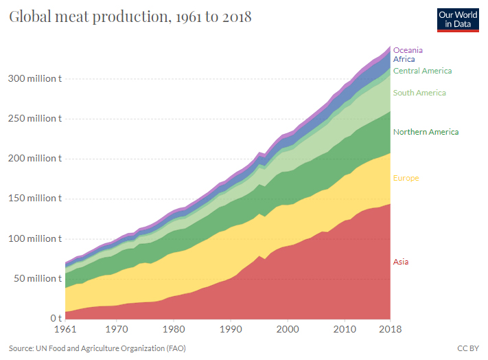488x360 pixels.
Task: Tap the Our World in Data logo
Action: coord(457,19)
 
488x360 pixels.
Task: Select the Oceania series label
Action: coord(408,50)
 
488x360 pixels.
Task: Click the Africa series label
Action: coord(404,59)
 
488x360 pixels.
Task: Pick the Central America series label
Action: coord(422,71)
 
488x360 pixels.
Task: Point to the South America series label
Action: coord(419,93)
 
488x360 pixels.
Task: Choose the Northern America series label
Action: coord(426,132)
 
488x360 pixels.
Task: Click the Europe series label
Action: coord(406,179)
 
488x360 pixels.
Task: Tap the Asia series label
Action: coord(401,262)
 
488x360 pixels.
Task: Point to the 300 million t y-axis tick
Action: coord(35,78)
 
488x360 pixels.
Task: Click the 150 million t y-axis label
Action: coord(35,199)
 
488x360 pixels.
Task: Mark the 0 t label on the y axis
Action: coord(56,319)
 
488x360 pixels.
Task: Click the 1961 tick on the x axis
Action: coord(65,329)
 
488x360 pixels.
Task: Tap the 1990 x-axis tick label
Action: coord(232,329)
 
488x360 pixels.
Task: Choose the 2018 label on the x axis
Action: coord(391,329)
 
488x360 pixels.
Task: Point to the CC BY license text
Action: coord(467,348)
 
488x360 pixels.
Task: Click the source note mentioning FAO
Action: coord(97,348)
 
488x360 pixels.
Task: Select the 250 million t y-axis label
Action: coord(35,118)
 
